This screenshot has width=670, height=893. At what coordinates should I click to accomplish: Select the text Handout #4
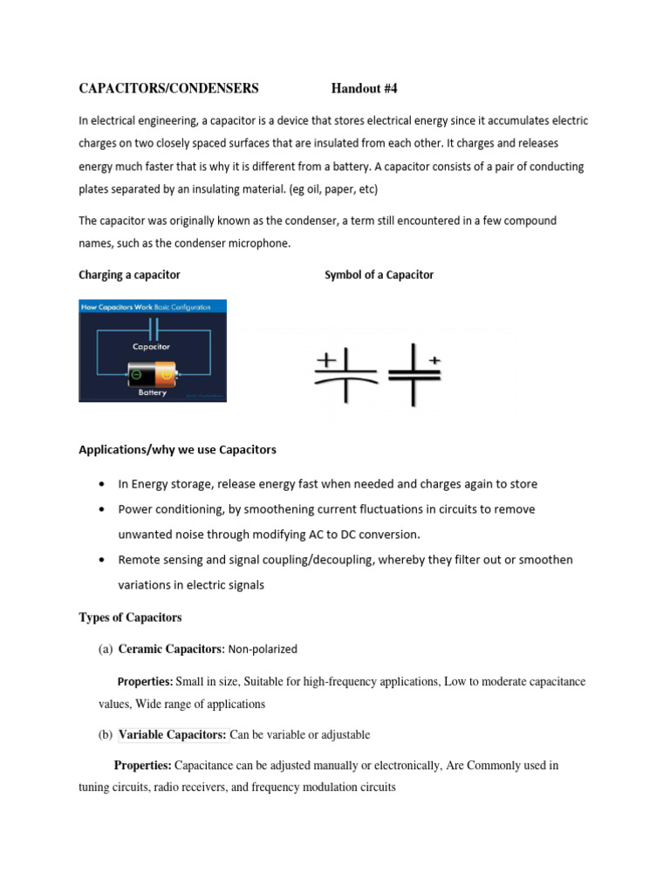pos(364,88)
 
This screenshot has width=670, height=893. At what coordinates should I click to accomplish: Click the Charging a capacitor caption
pos(129,275)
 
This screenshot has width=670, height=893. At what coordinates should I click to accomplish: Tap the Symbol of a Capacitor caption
pos(379,275)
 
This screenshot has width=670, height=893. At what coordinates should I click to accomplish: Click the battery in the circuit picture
pos(153,375)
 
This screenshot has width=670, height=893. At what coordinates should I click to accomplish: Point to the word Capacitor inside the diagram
pos(151,346)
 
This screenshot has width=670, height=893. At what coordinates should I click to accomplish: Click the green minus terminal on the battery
pos(136,376)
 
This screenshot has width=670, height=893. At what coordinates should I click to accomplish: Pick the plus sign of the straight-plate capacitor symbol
pos(434,358)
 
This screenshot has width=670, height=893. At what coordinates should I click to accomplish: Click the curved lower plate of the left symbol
pos(345,381)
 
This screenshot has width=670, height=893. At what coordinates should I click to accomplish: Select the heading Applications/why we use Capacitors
pos(177,450)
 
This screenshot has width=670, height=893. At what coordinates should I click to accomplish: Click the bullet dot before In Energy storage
pos(104,484)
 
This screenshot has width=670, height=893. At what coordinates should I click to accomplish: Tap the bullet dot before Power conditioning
pos(104,509)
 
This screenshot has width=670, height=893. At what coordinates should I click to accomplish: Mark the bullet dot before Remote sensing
pos(104,560)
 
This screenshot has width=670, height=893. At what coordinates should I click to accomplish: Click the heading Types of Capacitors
pos(130,617)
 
